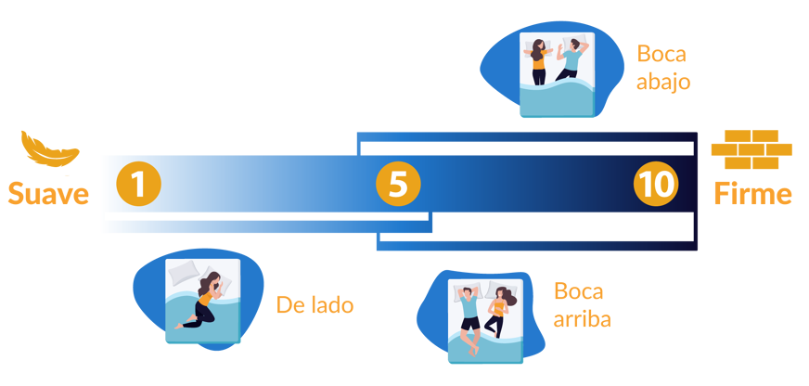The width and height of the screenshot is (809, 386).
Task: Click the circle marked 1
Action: coord(138,184)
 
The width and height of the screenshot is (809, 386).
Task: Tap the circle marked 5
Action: coord(398,184)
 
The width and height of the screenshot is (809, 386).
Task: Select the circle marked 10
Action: coord(656,184)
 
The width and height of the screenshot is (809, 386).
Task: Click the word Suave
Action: coord(48,194)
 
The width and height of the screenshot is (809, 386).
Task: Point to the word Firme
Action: coord(752,194)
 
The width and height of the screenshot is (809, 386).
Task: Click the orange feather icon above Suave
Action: coord(49,148)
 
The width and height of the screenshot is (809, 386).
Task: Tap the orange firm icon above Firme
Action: coord(751,148)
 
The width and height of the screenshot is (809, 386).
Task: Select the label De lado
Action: coord(315,304)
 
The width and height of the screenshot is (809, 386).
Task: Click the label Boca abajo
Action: coord(663,67)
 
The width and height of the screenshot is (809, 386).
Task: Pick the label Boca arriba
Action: coord(583,305)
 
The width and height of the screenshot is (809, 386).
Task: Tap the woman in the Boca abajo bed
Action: coord(538,61)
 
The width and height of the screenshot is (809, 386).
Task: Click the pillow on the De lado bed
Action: coord(184,272)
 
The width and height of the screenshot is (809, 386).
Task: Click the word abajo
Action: coord(663,81)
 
